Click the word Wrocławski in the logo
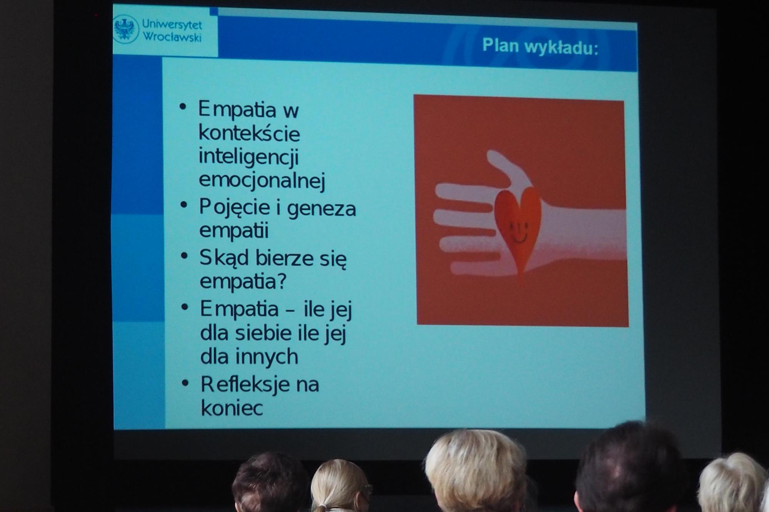click(x=172, y=37)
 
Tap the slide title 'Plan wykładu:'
click(x=540, y=46)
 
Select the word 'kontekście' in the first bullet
click(x=249, y=133)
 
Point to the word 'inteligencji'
click(x=249, y=157)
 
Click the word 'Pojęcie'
click(x=235, y=208)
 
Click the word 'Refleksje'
click(x=245, y=384)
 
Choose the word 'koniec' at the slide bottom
click(x=232, y=408)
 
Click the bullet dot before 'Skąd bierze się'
click(x=185, y=255)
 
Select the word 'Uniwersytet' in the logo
click(x=172, y=25)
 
